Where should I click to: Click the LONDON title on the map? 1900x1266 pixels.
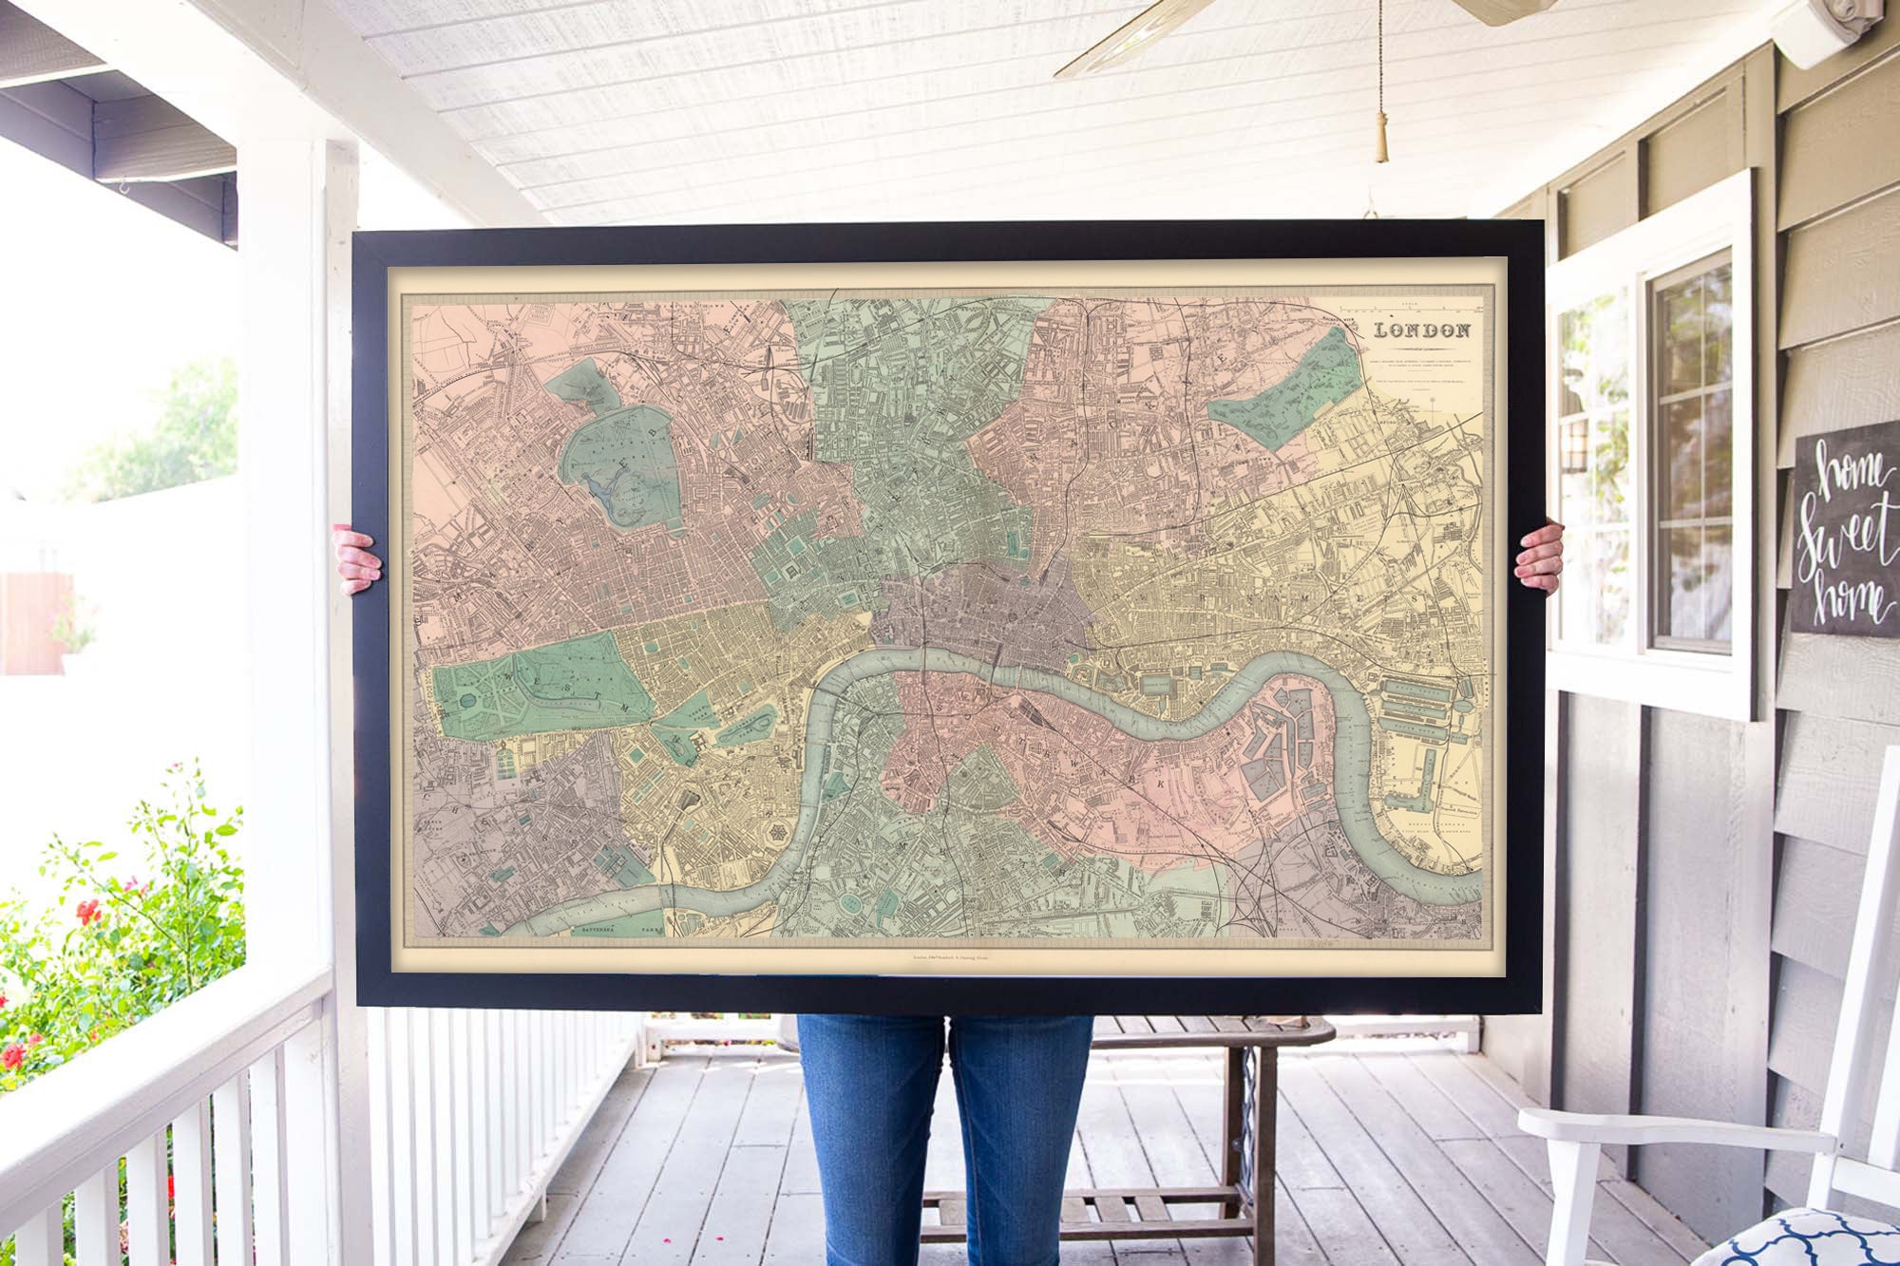point(1422,331)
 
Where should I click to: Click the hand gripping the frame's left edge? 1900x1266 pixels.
point(357,559)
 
